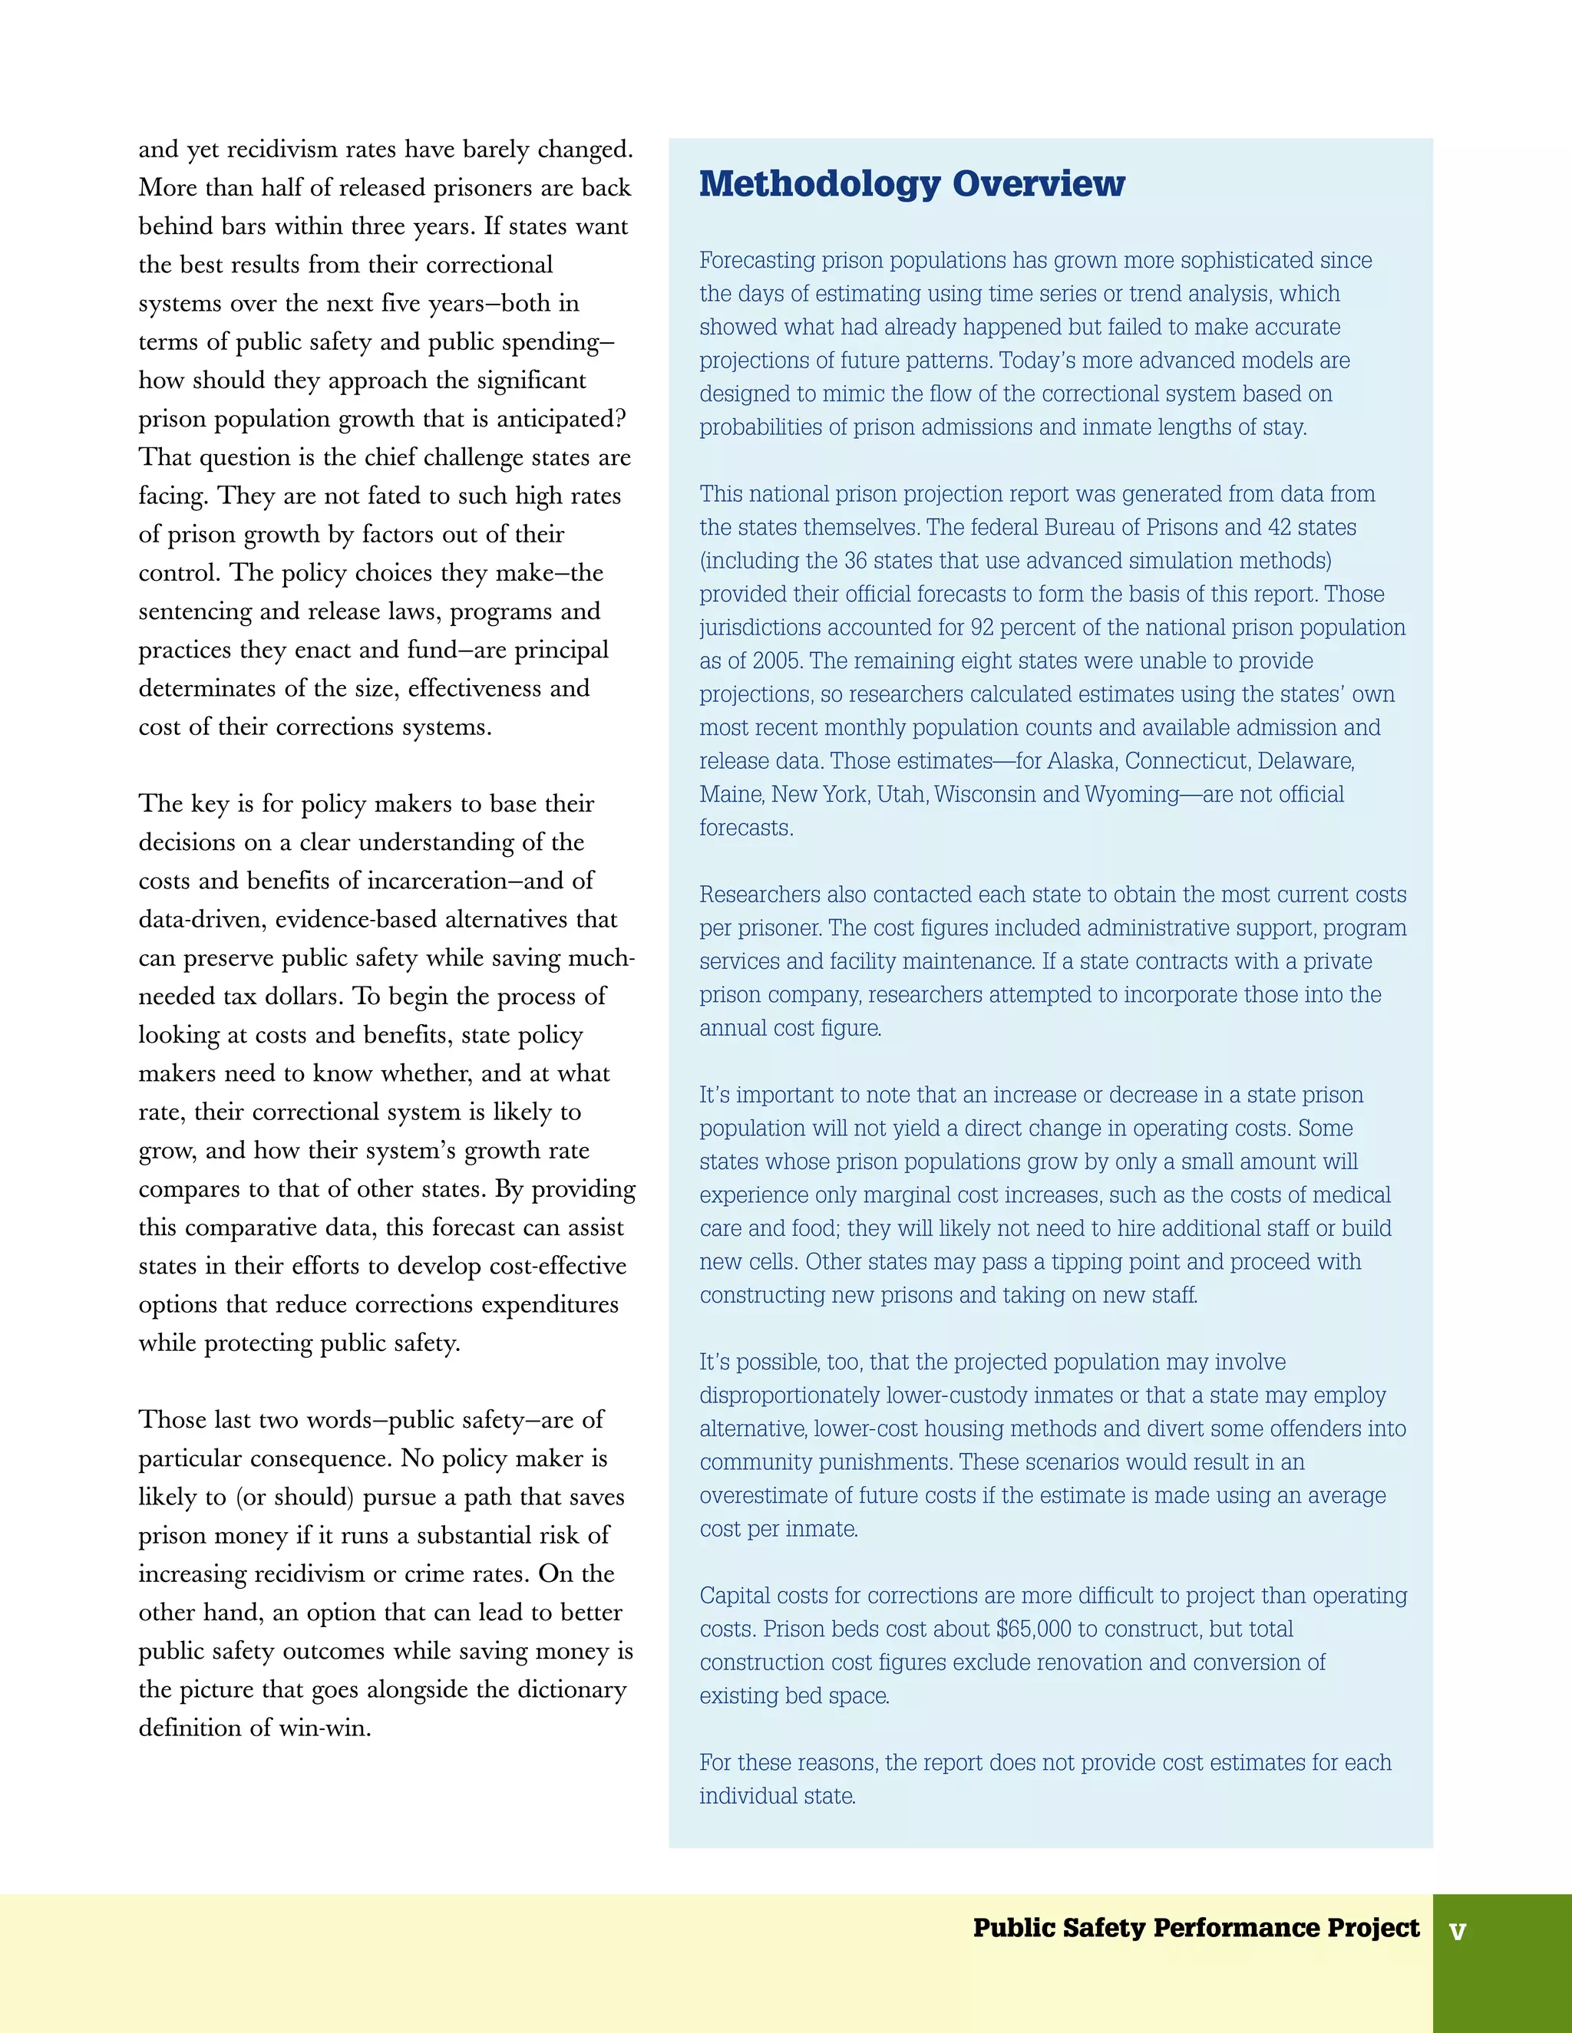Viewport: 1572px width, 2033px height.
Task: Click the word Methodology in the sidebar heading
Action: (820, 184)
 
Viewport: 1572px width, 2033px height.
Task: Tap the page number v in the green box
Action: (1458, 1931)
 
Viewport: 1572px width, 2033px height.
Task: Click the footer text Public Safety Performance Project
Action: (1196, 1927)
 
